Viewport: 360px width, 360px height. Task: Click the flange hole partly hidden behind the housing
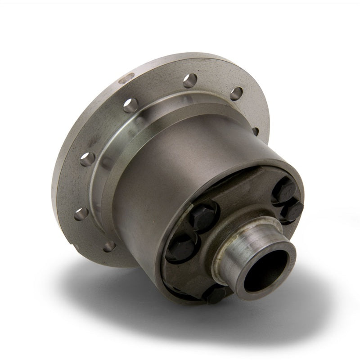click(x=255, y=131)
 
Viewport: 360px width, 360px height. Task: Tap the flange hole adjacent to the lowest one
click(x=81, y=213)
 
